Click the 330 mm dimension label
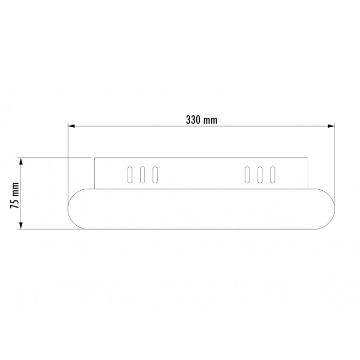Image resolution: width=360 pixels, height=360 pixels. tap(202, 120)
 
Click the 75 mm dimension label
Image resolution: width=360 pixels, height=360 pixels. tap(15, 196)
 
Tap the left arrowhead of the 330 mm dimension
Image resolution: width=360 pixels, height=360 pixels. tap(71, 126)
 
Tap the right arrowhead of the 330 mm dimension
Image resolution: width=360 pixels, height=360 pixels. tap(331, 126)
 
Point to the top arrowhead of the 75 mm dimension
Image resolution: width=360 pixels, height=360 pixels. tap(21, 161)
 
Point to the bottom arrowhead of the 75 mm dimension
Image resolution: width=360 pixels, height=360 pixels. tap(21, 226)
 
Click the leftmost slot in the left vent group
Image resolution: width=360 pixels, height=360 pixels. tap(130, 175)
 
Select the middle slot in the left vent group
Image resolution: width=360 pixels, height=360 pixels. tap(143, 175)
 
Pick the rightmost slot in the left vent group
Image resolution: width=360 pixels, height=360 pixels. tap(155, 175)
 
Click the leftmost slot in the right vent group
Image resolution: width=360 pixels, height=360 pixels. tap(247, 175)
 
